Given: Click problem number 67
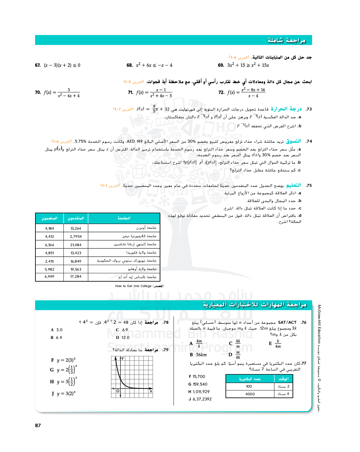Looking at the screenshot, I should [x=38, y=65].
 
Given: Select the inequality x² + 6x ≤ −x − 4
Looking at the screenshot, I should [x=154, y=65].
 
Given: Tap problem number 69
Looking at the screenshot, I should [x=221, y=65].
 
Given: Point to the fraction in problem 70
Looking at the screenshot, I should [x=69, y=93].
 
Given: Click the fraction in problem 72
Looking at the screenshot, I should [x=253, y=93].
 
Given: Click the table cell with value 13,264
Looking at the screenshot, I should [x=76, y=228].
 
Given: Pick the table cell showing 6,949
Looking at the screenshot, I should [x=49, y=277].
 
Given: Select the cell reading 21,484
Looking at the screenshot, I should [x=76, y=245].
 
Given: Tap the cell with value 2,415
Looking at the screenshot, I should [x=49, y=261].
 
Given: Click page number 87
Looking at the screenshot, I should [x=38, y=426].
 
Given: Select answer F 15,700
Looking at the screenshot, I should [x=197, y=377].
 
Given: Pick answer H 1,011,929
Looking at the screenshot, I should [x=199, y=392].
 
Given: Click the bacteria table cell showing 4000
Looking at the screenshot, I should [x=250, y=394].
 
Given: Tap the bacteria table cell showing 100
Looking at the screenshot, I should [x=249, y=386].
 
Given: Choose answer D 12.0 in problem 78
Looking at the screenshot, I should [x=122, y=338].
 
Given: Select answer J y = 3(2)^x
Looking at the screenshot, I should [x=63, y=393].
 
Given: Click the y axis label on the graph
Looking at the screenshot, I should [x=122, y=358].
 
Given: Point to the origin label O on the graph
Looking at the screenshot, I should [x=118, y=391].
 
